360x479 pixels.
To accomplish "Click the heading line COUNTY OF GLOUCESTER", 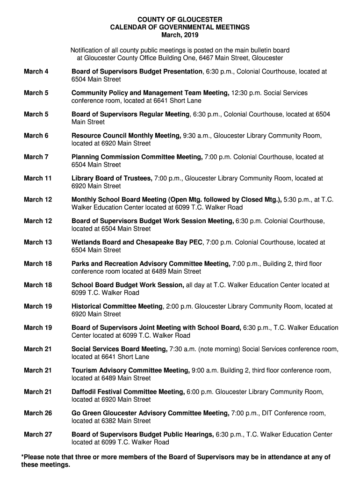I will click(x=180, y=20).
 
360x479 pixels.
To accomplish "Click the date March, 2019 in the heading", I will click(x=180, y=36).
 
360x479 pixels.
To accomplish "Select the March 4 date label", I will click(x=36, y=72).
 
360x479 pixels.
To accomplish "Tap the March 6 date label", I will click(x=36, y=136).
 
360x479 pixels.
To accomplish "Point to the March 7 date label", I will click(x=36, y=157).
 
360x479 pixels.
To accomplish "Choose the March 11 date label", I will click(x=37, y=178).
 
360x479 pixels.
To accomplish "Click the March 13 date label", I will click(x=37, y=242).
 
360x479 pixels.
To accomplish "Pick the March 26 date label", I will click(x=37, y=413).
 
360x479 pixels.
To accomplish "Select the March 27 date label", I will click(x=37, y=435).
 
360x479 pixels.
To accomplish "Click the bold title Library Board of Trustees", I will click(x=112, y=178).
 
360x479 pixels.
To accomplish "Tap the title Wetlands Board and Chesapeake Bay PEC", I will click(x=137, y=242).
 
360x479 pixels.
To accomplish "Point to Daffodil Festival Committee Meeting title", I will click(x=128, y=392).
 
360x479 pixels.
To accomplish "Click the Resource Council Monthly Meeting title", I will click(x=126, y=136).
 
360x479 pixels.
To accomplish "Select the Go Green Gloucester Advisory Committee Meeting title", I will click(x=150, y=413).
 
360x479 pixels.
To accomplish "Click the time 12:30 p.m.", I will click(x=246, y=93).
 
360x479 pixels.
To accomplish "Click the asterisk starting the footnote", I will click(x=22, y=456).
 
